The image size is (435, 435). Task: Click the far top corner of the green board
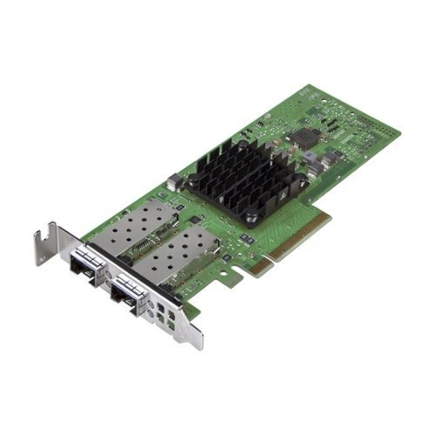tap(307, 86)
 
